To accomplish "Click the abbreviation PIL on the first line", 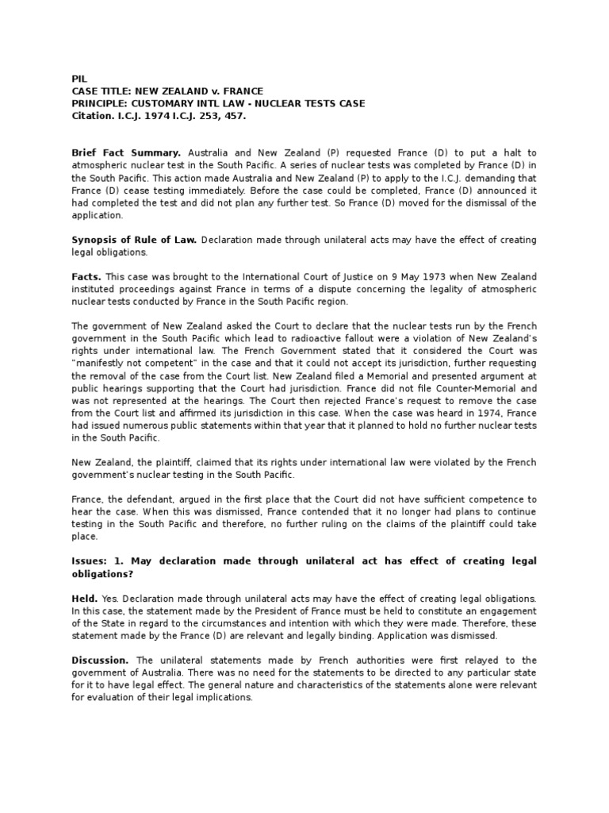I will (78, 79).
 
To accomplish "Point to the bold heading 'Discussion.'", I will (100, 660).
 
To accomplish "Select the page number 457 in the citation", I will (235, 116).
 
